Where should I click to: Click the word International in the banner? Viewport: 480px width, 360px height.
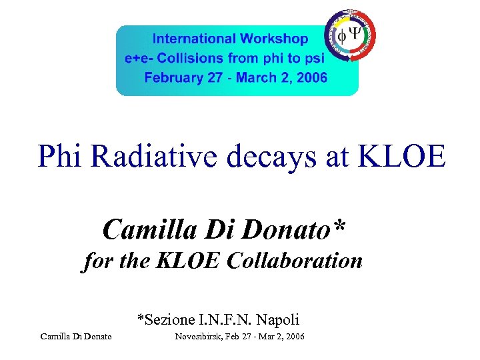191,39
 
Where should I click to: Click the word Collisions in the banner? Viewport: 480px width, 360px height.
190,58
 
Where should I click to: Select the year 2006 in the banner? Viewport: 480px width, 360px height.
312,77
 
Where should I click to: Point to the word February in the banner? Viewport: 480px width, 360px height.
175,77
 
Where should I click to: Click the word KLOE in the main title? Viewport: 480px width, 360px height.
401,156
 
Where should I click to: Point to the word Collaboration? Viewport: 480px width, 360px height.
294,260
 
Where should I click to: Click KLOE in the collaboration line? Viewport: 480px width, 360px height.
188,260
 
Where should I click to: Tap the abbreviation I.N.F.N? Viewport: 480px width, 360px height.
221,319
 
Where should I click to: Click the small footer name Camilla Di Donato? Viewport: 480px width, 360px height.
76,337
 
